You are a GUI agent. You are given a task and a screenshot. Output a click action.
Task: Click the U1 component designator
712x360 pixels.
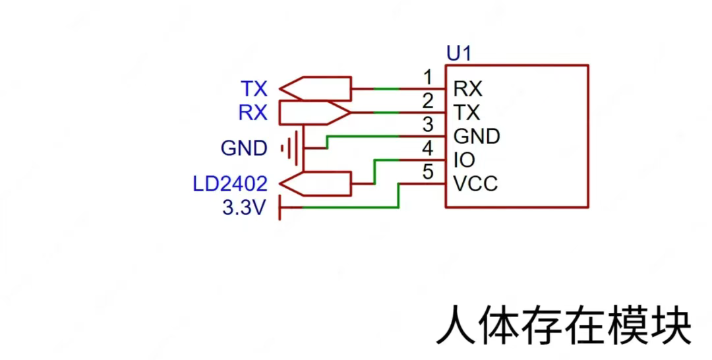459,54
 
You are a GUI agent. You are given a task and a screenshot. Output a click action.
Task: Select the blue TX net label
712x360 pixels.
254,88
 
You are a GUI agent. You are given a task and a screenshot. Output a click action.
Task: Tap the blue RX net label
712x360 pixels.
253,113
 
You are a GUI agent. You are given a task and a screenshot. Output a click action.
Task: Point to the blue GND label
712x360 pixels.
244,149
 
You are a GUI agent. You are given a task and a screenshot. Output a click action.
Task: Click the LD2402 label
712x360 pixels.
230,184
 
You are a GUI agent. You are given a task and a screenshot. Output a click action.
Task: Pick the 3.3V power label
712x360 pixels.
244,208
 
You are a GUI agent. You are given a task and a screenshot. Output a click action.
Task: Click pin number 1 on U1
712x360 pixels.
427,78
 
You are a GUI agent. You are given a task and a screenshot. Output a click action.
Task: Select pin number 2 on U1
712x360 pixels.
427,102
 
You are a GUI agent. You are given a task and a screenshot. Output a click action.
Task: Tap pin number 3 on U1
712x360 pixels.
427,125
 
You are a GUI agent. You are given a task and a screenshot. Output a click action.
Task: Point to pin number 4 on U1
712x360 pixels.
427,148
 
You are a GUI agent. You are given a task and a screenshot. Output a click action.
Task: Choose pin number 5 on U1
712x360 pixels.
427,172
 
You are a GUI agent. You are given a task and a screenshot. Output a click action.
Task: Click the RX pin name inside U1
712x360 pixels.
468,88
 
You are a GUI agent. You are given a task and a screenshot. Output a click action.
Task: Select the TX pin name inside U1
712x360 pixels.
467,112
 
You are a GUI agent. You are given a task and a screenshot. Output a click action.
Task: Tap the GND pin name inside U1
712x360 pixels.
477,136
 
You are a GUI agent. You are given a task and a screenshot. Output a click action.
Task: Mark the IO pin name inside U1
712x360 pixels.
464,160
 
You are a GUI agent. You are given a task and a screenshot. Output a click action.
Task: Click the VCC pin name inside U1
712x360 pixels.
475,184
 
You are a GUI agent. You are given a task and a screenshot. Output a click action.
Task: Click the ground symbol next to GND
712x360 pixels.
292,149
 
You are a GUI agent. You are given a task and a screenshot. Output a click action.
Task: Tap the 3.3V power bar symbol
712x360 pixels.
282,208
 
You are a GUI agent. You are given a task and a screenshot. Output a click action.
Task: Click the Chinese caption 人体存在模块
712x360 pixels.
564,324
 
